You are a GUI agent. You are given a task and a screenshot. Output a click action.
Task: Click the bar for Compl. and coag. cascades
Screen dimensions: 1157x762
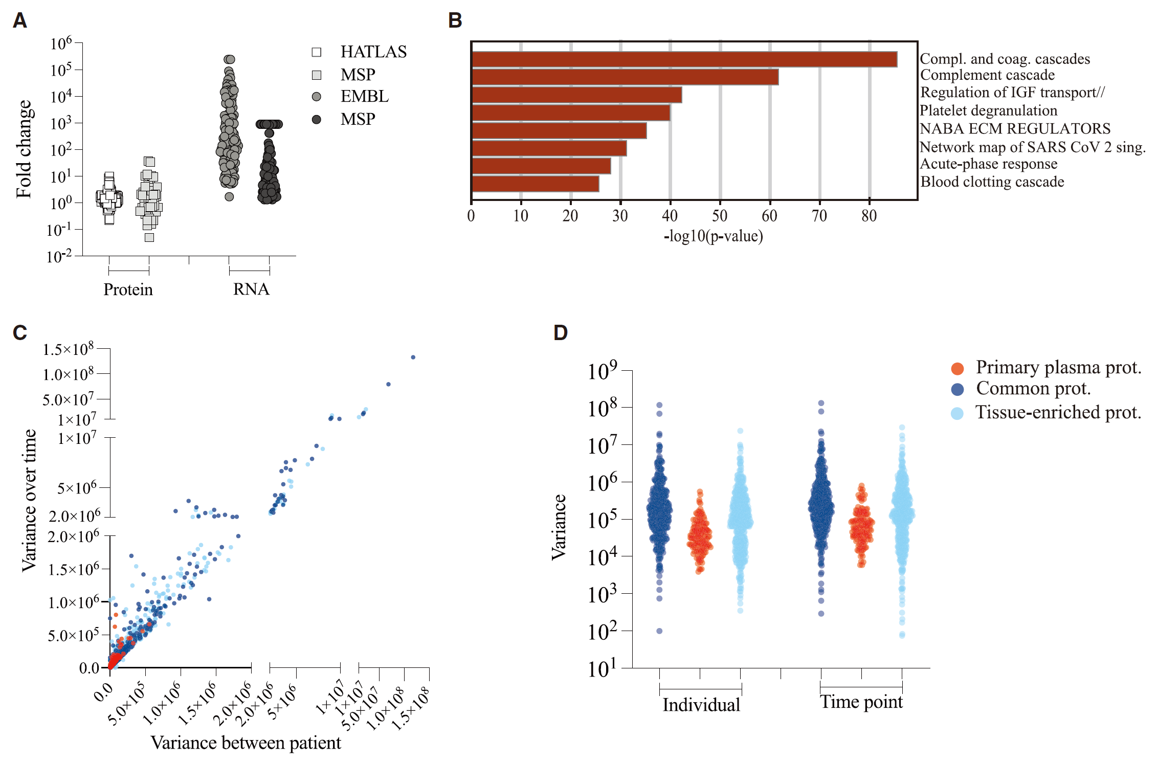pos(684,59)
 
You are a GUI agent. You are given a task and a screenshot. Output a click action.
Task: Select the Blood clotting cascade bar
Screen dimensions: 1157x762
pos(536,184)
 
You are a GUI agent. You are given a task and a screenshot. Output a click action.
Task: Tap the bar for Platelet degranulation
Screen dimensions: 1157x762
pos(571,113)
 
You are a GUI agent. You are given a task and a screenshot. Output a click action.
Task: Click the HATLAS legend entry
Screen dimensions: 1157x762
pos(359,52)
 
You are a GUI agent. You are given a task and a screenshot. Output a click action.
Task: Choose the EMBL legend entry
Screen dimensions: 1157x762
pos(350,96)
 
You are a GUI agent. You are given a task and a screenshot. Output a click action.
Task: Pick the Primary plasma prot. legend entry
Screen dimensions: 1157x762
pos(1046,367)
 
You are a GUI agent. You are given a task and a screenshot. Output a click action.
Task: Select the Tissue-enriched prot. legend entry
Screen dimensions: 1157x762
pos(1046,412)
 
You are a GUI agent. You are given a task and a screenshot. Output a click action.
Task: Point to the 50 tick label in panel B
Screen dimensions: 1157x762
pos(720,216)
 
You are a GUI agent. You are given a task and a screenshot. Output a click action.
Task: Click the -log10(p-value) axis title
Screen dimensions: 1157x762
pos(713,236)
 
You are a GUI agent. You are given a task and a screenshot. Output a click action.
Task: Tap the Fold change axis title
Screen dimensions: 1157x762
pos(24,149)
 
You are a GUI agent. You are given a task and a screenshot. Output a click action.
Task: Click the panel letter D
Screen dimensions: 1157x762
pos(561,333)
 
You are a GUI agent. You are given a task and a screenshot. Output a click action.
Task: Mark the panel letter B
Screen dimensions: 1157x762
pos(455,20)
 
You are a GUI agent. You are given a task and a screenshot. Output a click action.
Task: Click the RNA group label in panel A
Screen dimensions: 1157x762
pos(251,289)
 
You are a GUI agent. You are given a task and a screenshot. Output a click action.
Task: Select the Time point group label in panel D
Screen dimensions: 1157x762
pos(861,702)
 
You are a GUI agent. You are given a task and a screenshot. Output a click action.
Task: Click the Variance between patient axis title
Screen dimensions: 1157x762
pos(246,743)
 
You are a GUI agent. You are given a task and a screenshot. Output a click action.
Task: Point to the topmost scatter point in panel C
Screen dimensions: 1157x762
pos(413,357)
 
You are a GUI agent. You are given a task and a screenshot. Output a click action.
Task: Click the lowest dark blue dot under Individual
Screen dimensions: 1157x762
pos(659,631)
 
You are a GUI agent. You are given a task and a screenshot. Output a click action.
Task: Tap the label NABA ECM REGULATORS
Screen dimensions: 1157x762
pos(1015,128)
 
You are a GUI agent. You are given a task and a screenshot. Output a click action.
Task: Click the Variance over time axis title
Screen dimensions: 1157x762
pos(29,501)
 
